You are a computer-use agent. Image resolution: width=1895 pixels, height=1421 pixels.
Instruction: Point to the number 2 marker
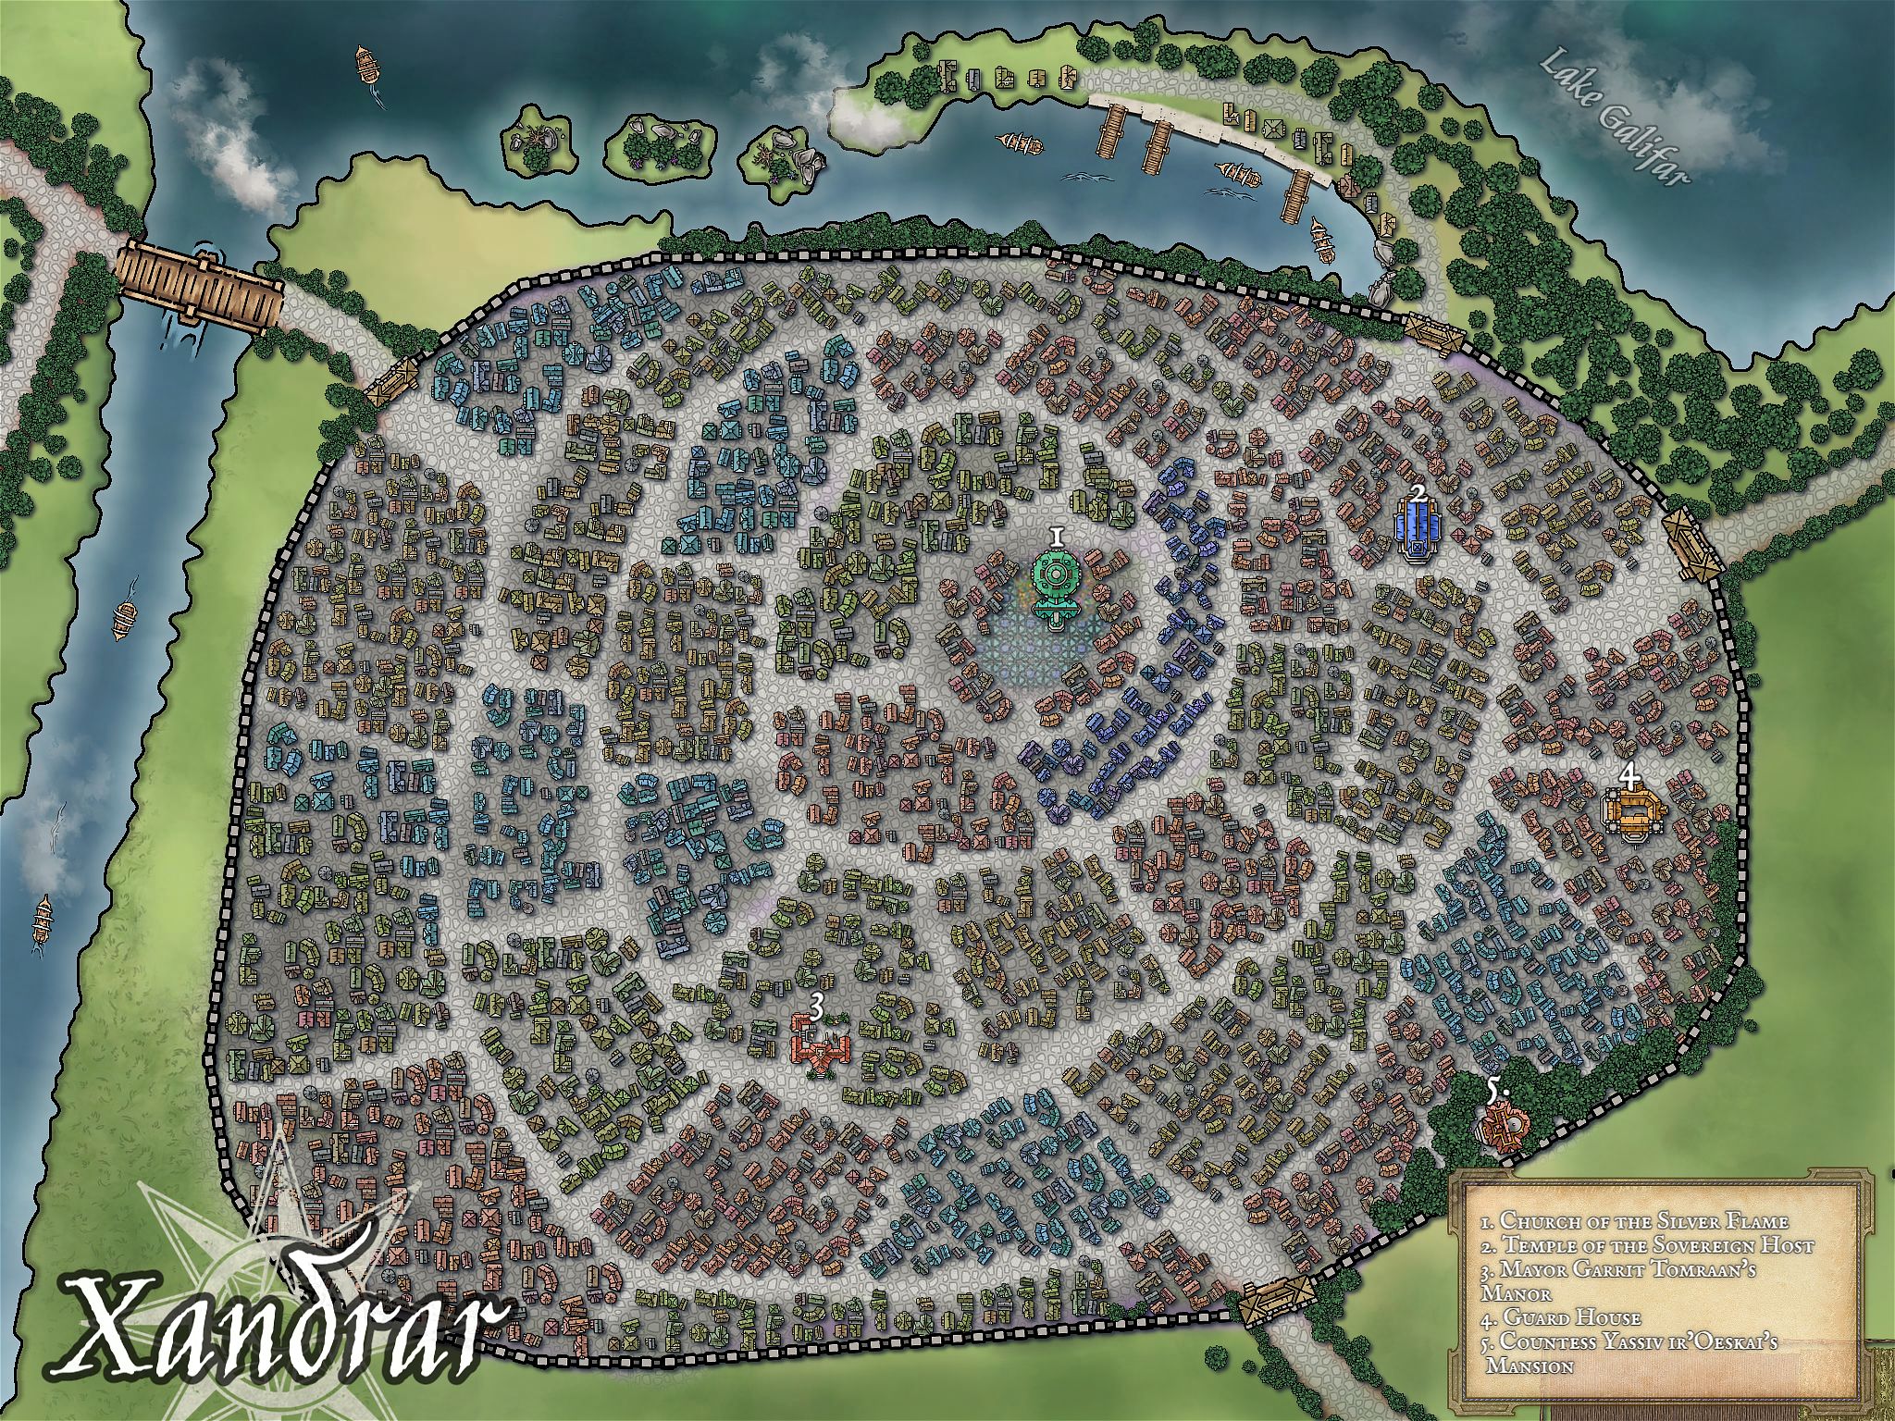(1418, 492)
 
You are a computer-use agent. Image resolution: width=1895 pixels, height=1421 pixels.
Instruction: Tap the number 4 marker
(1629, 772)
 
